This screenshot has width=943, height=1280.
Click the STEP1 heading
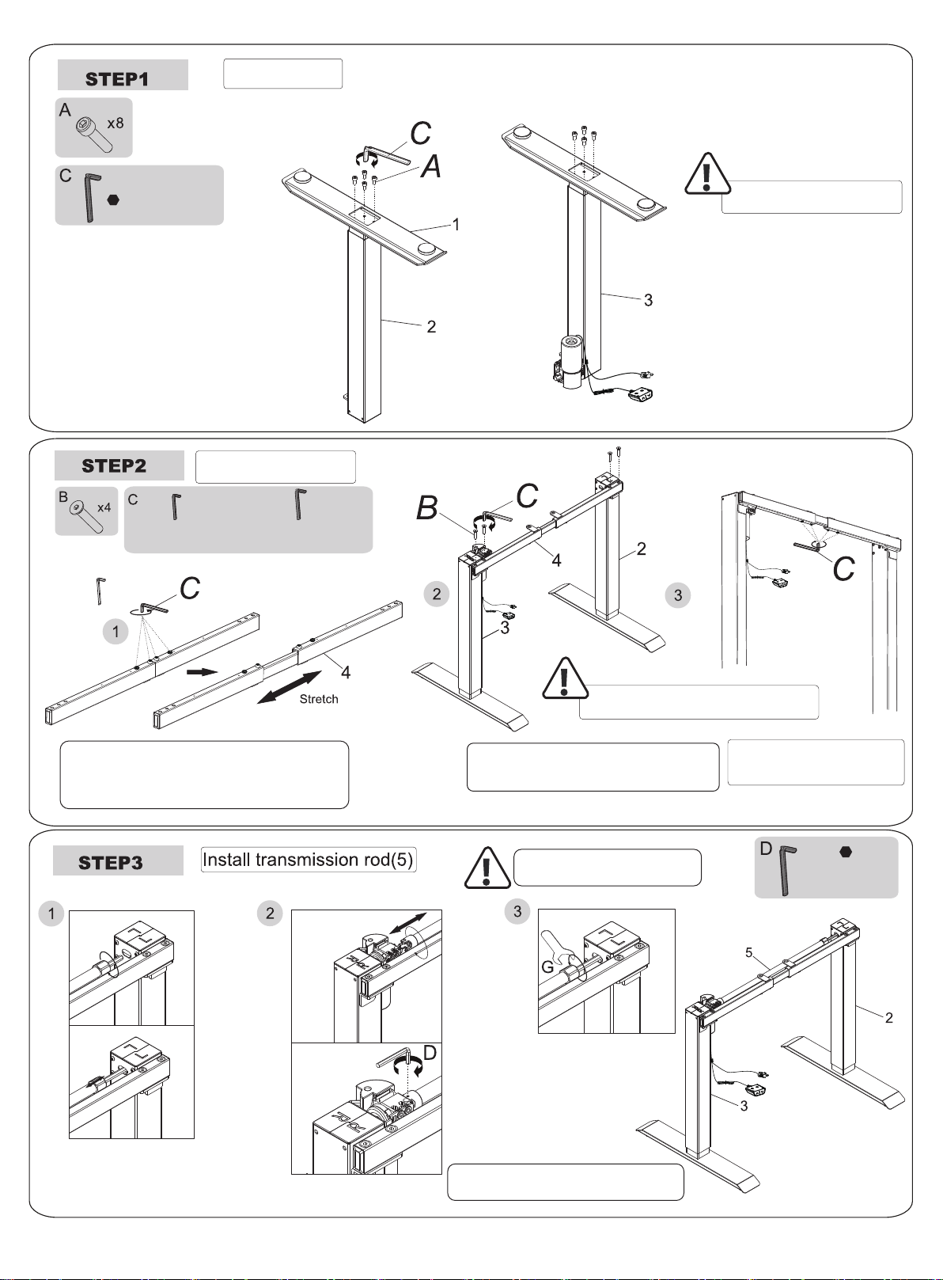(x=117, y=79)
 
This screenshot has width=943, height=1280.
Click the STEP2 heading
(x=114, y=465)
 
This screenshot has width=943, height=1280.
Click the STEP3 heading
(x=111, y=862)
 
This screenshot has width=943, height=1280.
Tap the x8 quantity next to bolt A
(x=116, y=123)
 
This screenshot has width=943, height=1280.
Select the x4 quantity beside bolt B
(x=104, y=507)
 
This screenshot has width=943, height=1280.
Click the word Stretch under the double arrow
(x=319, y=699)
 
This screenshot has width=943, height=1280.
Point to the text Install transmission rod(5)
(x=308, y=860)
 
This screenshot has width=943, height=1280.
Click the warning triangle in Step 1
(x=707, y=173)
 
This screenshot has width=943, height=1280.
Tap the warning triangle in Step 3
(x=487, y=868)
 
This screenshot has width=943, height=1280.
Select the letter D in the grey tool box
(x=766, y=849)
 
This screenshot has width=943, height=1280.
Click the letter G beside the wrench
(x=547, y=967)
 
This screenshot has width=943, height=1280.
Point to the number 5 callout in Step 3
(x=749, y=952)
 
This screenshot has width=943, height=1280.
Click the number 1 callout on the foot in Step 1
(x=456, y=225)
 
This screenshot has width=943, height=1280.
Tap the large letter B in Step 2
(x=426, y=508)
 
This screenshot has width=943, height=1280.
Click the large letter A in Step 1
(x=431, y=167)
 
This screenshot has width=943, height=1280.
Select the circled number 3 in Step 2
(x=678, y=594)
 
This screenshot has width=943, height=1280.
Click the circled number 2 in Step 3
(x=270, y=913)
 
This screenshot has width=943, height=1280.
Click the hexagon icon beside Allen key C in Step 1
(x=113, y=200)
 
